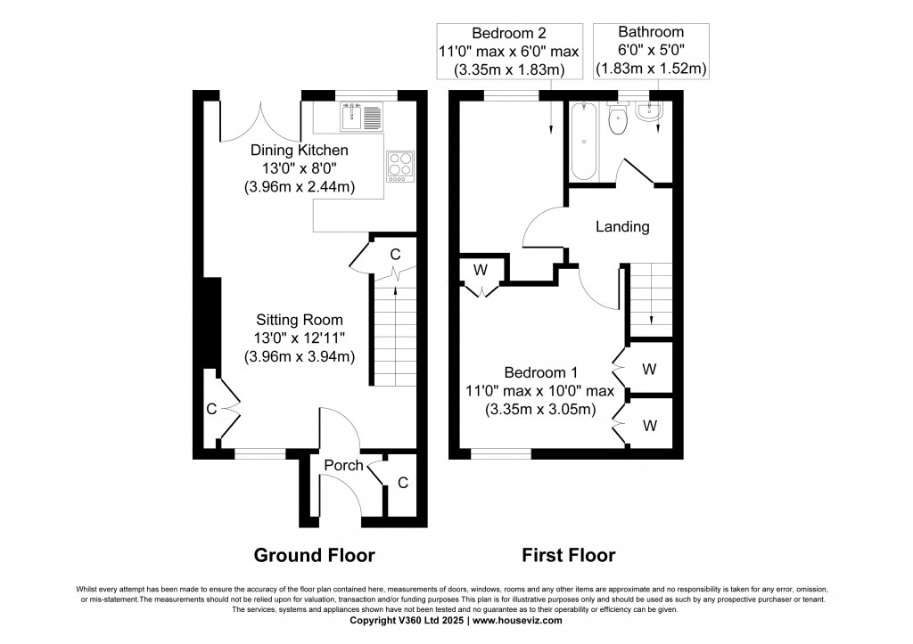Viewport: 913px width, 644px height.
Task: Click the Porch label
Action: click(343, 465)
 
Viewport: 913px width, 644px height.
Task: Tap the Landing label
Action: click(622, 226)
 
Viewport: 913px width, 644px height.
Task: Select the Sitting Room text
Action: click(300, 320)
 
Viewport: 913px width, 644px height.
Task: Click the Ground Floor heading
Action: click(315, 555)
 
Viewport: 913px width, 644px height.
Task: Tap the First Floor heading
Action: click(569, 555)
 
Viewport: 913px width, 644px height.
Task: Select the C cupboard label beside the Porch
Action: click(403, 483)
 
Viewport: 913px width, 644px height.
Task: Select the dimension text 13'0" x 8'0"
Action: click(299, 167)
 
